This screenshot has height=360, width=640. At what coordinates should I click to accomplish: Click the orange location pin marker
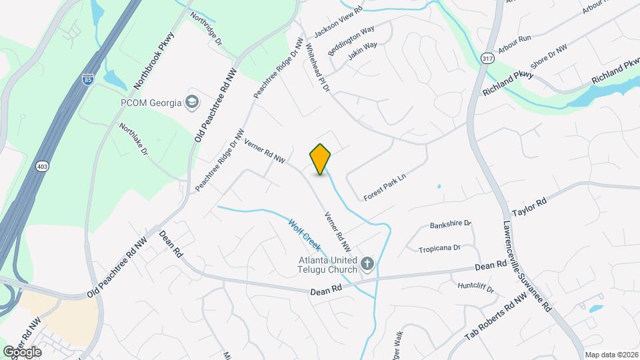click(x=321, y=159)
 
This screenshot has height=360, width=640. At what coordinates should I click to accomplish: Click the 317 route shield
click(x=487, y=59)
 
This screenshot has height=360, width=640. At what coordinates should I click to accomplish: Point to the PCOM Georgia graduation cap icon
click(x=192, y=102)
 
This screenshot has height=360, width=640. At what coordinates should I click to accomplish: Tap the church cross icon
click(x=366, y=265)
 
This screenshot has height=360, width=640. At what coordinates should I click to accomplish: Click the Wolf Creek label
click(x=305, y=235)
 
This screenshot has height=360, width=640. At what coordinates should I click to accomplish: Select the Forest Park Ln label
click(x=385, y=187)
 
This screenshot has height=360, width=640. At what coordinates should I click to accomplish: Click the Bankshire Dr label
click(x=451, y=223)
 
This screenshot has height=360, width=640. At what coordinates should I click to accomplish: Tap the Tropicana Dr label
click(x=439, y=248)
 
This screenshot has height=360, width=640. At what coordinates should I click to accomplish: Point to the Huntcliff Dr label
click(x=476, y=288)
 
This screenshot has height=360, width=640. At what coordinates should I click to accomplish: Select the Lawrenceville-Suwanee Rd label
click(x=526, y=265)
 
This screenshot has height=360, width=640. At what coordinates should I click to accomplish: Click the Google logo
click(x=21, y=351)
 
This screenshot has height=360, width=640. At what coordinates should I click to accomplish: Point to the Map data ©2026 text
click(x=611, y=355)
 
